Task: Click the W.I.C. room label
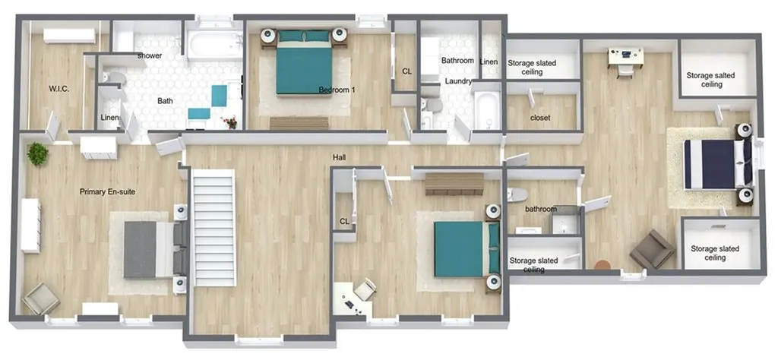tap(59, 90)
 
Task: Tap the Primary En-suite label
tap(108, 191)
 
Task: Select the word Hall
tap(340, 158)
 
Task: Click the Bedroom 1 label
tap(337, 90)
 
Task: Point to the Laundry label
tap(457, 81)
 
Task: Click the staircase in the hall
tap(213, 228)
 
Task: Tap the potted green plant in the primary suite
tap(38, 153)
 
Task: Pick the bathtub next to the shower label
tap(215, 45)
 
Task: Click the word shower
tap(150, 55)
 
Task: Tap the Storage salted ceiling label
tap(710, 80)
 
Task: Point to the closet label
tap(541, 118)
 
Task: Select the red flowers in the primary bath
tap(230, 122)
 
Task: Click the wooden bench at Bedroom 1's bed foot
tap(299, 123)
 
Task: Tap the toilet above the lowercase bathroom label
tap(516, 194)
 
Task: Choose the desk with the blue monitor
tap(626, 56)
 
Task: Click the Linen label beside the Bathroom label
tap(489, 62)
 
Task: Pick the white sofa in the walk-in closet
tap(69, 36)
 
